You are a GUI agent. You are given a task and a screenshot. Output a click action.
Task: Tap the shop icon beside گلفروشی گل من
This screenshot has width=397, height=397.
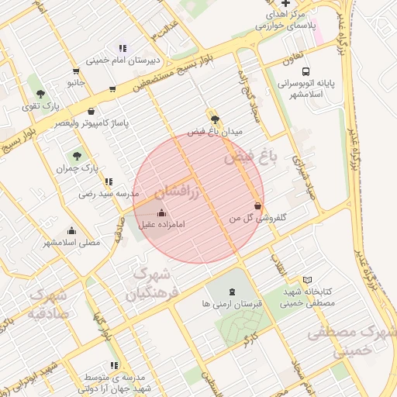(x=257, y=206)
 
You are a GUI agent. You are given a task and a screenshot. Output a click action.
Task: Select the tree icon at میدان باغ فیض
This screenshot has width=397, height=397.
(x=214, y=119)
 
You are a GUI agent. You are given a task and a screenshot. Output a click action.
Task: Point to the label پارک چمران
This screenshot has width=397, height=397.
(x=78, y=167)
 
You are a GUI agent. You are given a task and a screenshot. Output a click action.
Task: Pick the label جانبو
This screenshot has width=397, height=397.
(x=74, y=81)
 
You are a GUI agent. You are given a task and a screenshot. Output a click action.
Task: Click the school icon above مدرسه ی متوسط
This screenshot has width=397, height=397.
(x=115, y=364)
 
